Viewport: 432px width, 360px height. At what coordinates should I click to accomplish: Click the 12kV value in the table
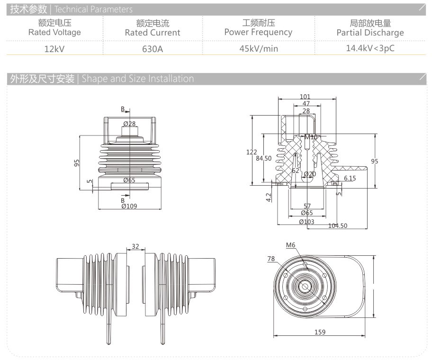tap(54, 48)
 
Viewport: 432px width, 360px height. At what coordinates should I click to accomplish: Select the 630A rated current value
tap(152, 48)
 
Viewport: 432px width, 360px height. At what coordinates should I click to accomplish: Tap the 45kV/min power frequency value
tap(258, 48)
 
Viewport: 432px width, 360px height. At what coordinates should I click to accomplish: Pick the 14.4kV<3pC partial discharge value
tap(370, 48)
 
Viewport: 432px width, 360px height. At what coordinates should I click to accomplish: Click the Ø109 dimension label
tap(129, 206)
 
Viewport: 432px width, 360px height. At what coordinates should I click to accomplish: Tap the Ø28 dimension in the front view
tap(129, 124)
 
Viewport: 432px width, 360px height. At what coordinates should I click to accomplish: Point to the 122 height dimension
tap(252, 152)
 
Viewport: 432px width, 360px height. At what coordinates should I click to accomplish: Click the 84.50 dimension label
tap(264, 159)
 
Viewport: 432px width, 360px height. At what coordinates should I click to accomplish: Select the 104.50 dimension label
tap(338, 225)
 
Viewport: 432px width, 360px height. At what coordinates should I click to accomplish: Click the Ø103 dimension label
tap(306, 222)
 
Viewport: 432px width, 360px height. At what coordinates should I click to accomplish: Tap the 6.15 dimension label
tap(350, 178)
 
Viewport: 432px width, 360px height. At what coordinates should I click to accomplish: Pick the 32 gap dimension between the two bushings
tap(135, 246)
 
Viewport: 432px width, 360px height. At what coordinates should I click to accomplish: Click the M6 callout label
tap(290, 245)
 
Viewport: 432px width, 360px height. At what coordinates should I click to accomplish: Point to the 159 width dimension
tap(320, 332)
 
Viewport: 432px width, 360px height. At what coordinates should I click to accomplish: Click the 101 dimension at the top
tap(306, 97)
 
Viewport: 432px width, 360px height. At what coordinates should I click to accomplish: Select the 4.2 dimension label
tap(269, 197)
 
